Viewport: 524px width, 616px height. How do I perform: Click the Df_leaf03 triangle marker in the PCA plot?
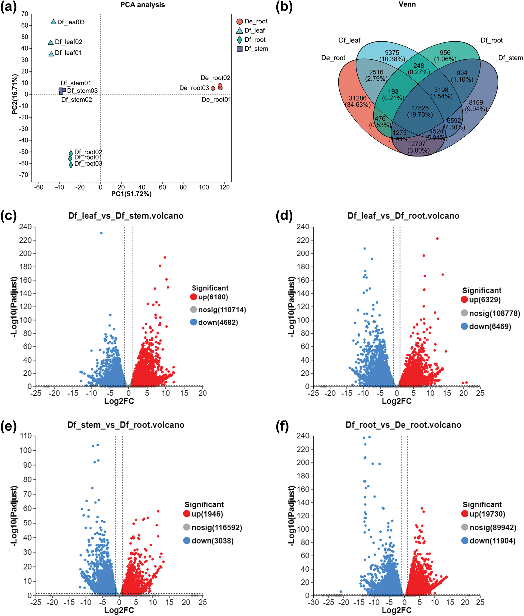(53, 22)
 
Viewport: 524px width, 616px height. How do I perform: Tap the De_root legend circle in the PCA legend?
(239, 21)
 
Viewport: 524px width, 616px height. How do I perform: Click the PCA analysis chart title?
(143, 5)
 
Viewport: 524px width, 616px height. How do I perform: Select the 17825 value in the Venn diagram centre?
(420, 108)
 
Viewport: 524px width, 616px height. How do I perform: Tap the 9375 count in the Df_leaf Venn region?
(392, 53)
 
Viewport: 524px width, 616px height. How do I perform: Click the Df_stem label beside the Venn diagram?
(510, 58)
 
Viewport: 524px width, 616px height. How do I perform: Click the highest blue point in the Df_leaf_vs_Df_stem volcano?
(101, 233)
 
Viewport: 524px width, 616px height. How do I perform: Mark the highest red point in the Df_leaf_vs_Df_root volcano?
(437, 238)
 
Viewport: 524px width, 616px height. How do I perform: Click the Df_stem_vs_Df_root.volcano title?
(126, 425)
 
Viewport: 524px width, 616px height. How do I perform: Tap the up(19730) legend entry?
(487, 514)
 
